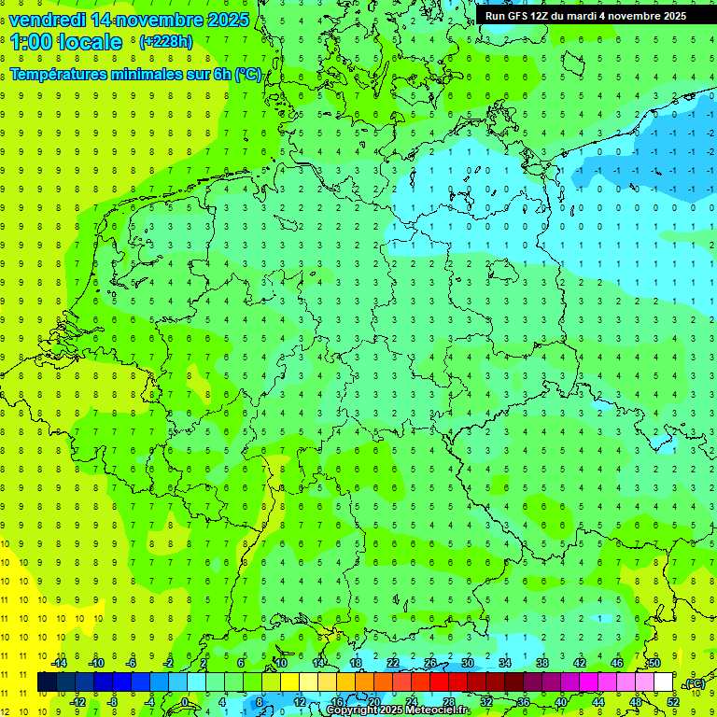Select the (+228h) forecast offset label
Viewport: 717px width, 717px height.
165,41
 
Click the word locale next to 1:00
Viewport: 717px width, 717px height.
89,42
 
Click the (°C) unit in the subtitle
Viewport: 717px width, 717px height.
248,75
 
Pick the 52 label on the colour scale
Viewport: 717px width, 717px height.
673,702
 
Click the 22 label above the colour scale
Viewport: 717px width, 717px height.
393,663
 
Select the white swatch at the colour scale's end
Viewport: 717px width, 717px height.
664,682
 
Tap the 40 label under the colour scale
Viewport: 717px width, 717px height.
561,702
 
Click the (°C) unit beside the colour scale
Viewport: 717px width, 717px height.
695,684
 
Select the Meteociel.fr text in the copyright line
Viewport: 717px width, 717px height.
438,710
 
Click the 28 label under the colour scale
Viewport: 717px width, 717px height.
449,702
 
